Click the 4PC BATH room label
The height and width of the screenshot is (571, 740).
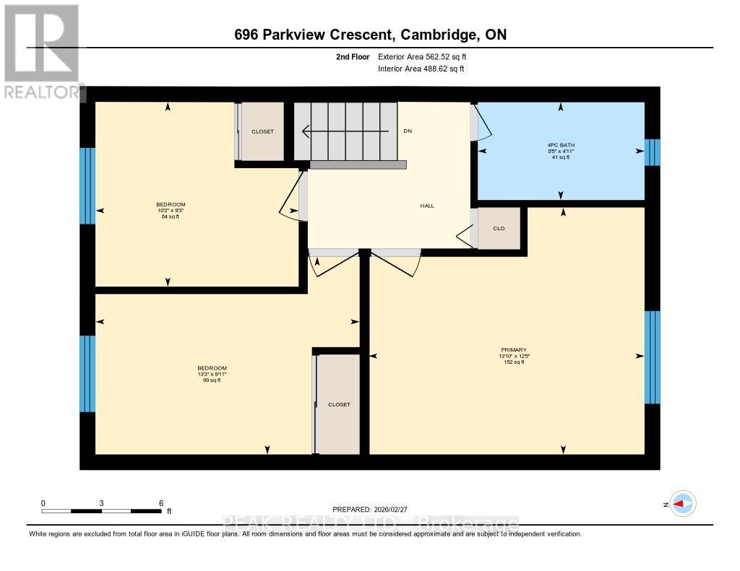point(561,144)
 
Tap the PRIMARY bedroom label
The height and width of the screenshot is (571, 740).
point(510,349)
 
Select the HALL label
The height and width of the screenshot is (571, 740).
point(427,206)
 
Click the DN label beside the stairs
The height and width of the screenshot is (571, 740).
point(408,131)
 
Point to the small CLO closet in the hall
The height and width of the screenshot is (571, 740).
point(499,228)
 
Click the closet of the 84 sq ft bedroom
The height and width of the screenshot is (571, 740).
point(262,131)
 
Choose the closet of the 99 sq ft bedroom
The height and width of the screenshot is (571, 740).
point(339,404)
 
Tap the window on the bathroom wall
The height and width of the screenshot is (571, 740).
point(652,152)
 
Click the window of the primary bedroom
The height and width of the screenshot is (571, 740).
point(652,357)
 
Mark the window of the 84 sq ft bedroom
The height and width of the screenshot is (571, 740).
point(87,186)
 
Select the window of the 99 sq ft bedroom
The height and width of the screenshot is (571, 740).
point(87,373)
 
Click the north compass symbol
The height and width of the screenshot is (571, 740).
point(681,504)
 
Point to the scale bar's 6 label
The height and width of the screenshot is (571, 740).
point(161,503)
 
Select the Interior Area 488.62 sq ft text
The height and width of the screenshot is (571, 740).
point(421,69)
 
